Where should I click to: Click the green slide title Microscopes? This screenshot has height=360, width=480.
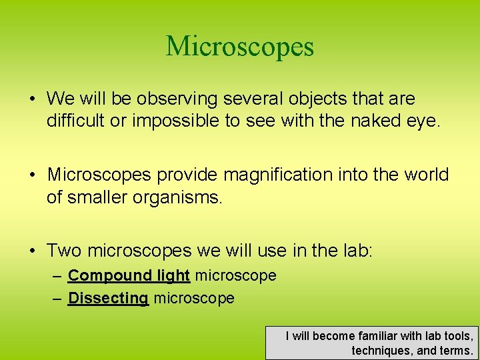point(239,47)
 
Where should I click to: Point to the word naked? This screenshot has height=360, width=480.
point(370,122)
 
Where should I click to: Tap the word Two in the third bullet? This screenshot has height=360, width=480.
point(64,251)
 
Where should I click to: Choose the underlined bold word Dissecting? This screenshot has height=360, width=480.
point(108,299)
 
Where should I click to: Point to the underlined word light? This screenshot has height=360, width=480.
point(173,276)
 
